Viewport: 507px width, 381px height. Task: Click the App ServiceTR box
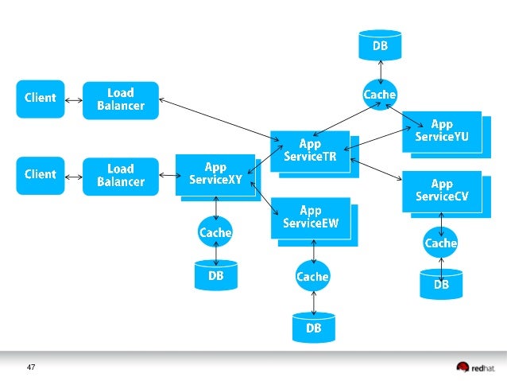coord(310,150)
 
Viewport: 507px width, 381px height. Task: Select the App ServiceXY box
coord(215,173)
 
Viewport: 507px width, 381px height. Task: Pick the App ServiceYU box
coord(441,130)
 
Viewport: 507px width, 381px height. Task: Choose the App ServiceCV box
coord(441,191)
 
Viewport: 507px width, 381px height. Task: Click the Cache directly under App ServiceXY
coord(215,232)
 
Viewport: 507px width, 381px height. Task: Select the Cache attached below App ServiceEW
coord(312,276)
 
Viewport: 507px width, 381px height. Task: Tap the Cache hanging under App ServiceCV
coord(441,243)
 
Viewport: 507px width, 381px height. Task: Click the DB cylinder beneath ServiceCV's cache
coord(441,284)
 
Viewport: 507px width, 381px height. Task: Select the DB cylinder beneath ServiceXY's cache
coord(215,275)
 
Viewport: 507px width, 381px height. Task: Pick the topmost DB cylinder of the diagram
coord(380,46)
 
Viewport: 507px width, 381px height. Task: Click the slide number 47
coord(31,367)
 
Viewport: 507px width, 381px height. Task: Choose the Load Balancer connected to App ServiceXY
coord(121,175)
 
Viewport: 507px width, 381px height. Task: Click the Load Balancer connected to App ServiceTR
coord(121,99)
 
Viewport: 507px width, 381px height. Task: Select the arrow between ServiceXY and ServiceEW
coord(265,198)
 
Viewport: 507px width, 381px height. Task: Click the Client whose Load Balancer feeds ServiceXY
coord(41,175)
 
